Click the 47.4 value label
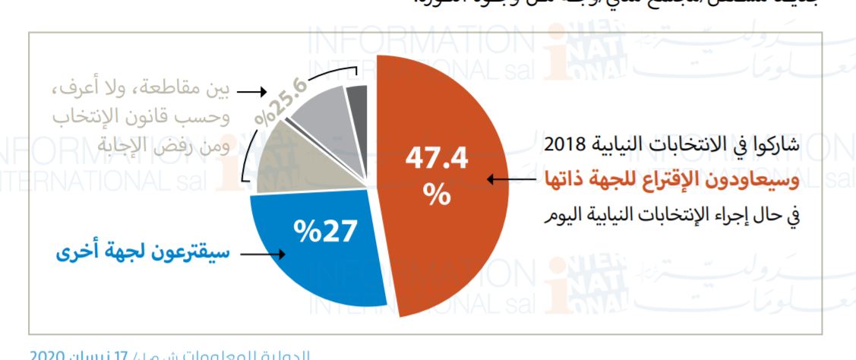click(x=437, y=159)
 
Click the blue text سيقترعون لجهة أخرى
click(x=144, y=252)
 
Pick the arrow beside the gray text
click(x=250, y=91)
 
